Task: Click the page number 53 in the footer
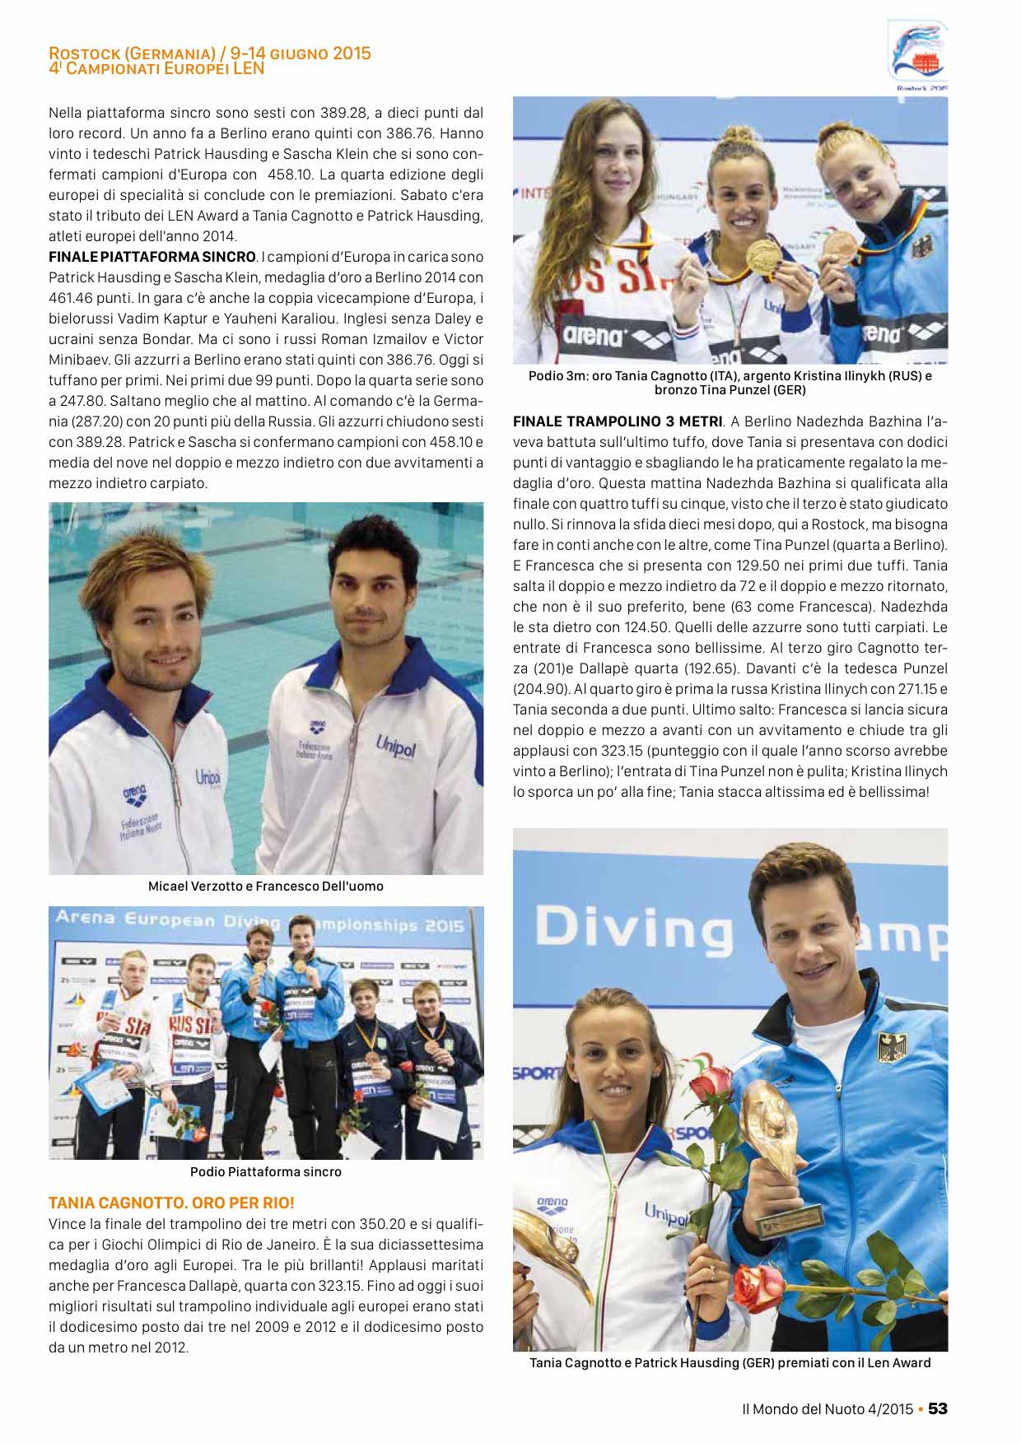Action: point(938,1408)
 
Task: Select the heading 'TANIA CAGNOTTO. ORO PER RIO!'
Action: point(171,1203)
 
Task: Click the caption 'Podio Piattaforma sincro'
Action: point(265,1171)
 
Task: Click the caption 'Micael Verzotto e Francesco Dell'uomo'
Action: point(265,887)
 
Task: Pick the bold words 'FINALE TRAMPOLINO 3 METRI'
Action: point(618,421)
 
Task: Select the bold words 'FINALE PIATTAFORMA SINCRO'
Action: point(152,257)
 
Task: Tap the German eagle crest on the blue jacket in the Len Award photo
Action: point(891,1047)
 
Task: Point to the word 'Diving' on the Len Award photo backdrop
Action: point(634,928)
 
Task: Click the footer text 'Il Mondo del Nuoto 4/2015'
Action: point(827,1408)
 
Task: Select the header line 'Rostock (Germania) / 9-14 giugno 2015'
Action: point(210,54)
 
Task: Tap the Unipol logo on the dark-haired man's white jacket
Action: point(396,748)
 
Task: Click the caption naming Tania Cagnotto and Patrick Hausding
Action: point(730,1362)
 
